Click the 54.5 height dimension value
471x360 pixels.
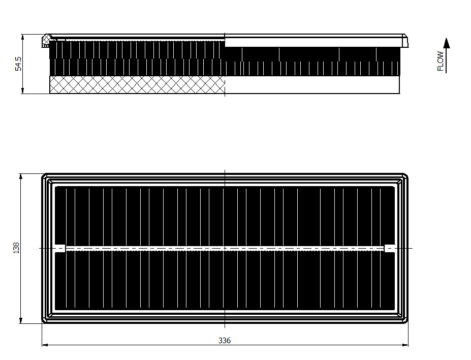click(x=18, y=64)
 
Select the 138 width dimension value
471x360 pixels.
click(x=16, y=248)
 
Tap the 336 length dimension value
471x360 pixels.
click(x=225, y=341)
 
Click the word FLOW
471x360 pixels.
click(x=441, y=61)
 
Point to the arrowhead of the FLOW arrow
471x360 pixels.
click(x=447, y=43)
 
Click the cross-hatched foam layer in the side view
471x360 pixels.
click(x=137, y=84)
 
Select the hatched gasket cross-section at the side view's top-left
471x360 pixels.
click(x=46, y=41)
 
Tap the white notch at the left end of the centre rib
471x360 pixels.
click(x=61, y=248)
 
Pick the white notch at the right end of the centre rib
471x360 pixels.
click(x=390, y=248)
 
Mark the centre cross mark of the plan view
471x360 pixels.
click(x=225, y=248)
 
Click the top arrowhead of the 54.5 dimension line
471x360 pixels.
click(x=23, y=37)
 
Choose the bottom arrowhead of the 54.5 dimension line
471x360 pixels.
click(x=23, y=91)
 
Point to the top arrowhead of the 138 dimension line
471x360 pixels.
click(x=21, y=176)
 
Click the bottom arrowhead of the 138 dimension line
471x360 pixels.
click(x=21, y=320)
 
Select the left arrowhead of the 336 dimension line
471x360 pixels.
click(x=45, y=345)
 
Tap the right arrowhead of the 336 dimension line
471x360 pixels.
click(x=405, y=345)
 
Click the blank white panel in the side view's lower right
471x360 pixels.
click(x=312, y=84)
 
